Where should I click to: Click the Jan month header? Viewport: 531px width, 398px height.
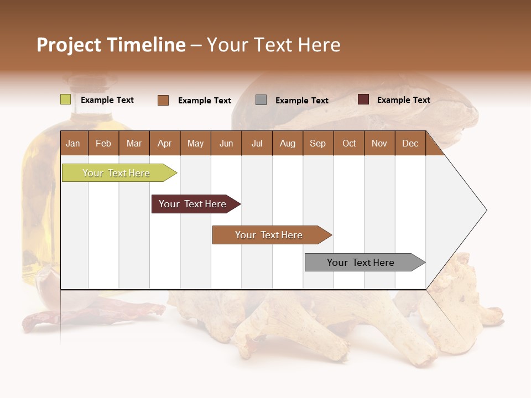click(x=74, y=143)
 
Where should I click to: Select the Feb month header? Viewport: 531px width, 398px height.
click(x=103, y=143)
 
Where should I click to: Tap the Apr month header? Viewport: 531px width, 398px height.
click(x=165, y=143)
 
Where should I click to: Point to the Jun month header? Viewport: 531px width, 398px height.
click(x=226, y=143)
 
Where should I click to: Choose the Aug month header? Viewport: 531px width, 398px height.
click(x=288, y=143)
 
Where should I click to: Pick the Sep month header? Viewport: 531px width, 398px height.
click(x=318, y=143)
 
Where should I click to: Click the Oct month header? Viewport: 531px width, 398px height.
click(x=349, y=143)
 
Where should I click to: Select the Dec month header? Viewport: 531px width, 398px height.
click(x=410, y=143)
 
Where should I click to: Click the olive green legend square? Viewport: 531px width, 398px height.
click(x=66, y=99)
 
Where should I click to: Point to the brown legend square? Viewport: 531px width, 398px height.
click(x=163, y=100)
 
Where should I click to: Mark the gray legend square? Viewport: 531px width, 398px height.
click(x=261, y=100)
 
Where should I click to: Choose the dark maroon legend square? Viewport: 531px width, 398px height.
click(x=363, y=99)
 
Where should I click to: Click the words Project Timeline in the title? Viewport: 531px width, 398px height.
click(x=111, y=45)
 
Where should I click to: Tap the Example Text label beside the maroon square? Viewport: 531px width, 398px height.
click(x=404, y=100)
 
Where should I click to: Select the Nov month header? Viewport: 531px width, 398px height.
click(x=379, y=143)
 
